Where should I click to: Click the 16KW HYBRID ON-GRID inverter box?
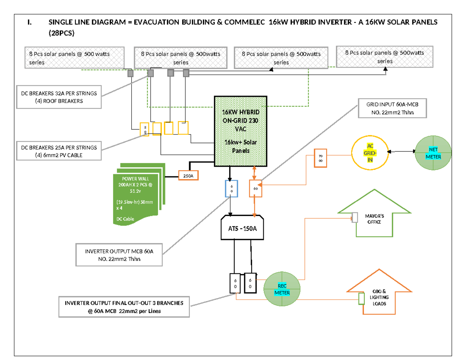point(240,131)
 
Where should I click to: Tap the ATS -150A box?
point(243,228)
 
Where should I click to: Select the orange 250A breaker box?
point(188,176)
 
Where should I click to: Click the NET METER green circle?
point(433,153)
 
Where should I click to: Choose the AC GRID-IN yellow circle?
point(370,153)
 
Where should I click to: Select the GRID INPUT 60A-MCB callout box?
point(391,108)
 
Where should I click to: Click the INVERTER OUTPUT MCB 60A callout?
point(119,255)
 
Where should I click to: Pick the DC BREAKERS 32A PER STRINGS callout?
point(59,97)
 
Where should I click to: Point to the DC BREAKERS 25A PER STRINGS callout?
point(59,151)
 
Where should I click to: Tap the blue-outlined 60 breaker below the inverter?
point(231,189)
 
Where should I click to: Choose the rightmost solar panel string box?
point(385,57)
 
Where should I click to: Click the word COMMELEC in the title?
point(245,23)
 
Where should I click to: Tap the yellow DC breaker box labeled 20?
point(144,129)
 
